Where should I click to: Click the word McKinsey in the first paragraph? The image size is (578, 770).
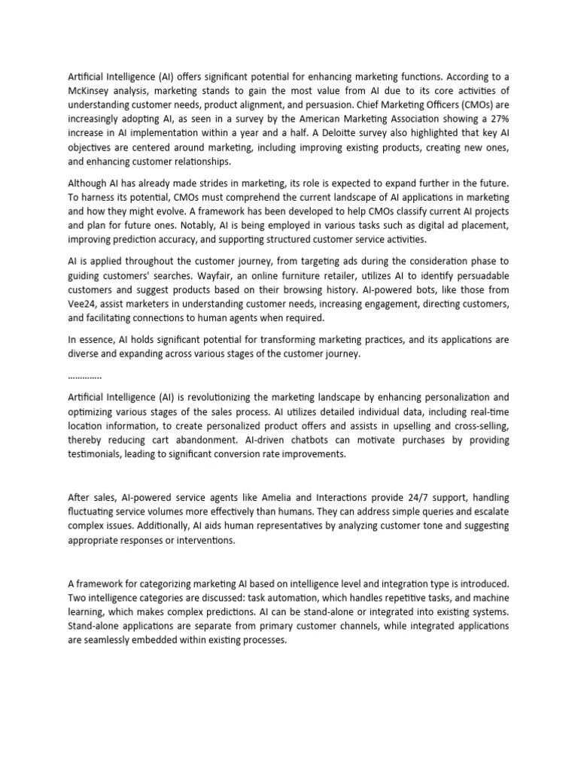92,92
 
